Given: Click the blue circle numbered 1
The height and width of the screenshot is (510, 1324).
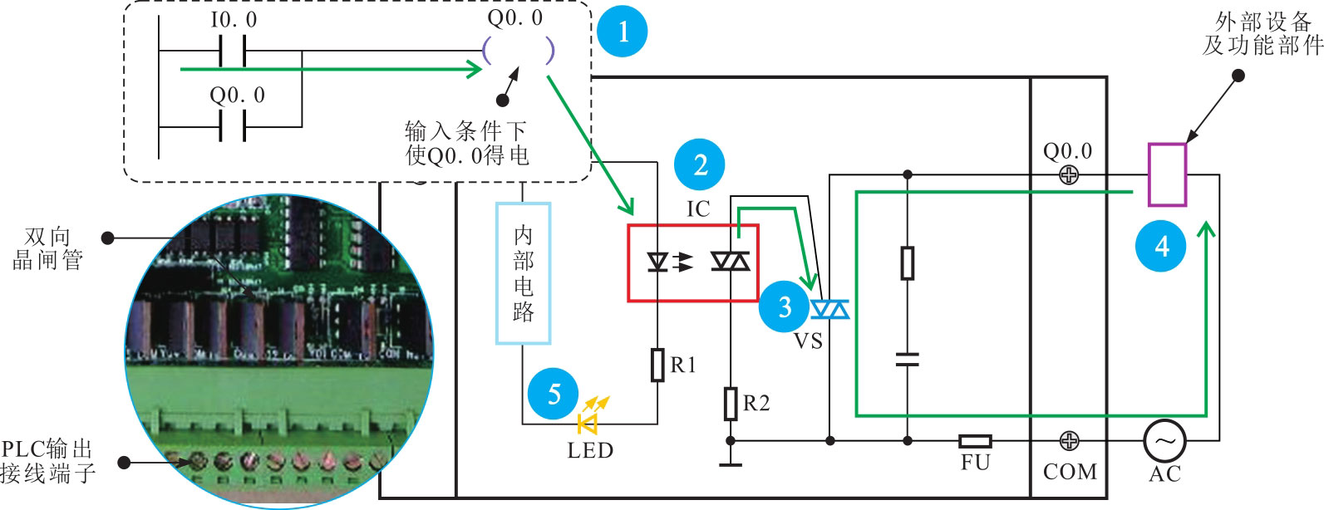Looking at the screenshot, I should pyautogui.click(x=623, y=32).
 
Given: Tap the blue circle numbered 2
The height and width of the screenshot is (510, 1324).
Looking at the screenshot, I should pyautogui.click(x=700, y=164).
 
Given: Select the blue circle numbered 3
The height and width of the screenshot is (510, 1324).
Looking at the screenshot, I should pyautogui.click(x=784, y=306).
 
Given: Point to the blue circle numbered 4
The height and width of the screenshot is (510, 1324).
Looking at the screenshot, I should pyautogui.click(x=1161, y=246).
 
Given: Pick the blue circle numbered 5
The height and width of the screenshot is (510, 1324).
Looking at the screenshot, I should pyautogui.click(x=554, y=393).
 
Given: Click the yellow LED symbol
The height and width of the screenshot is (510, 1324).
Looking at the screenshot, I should pyautogui.click(x=589, y=423).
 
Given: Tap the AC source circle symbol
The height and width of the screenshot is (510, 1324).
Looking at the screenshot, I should pyautogui.click(x=1164, y=441).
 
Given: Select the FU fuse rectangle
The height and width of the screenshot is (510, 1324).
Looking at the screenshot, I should pyautogui.click(x=974, y=441).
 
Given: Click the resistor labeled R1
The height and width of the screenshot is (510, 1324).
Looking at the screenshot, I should pyautogui.click(x=657, y=365).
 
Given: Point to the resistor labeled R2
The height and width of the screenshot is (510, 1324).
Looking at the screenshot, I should pyautogui.click(x=730, y=404).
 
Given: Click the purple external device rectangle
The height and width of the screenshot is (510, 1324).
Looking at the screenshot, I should pyautogui.click(x=1167, y=174).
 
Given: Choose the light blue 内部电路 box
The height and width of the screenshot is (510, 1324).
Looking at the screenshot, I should pyautogui.click(x=523, y=272).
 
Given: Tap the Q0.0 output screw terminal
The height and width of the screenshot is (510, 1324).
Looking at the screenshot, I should pyautogui.click(x=1069, y=175).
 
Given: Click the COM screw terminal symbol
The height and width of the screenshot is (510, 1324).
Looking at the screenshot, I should pyautogui.click(x=1069, y=440).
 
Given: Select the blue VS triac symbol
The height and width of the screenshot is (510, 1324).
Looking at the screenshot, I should pyautogui.click(x=829, y=310).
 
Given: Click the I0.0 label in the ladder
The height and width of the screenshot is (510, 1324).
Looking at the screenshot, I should pyautogui.click(x=234, y=20).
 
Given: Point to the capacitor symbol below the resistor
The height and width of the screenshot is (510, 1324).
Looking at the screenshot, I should pyautogui.click(x=908, y=359).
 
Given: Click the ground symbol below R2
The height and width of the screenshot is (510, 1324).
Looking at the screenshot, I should pyautogui.click(x=730, y=462).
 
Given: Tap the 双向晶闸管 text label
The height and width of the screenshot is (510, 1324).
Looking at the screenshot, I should pyautogui.click(x=47, y=248).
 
